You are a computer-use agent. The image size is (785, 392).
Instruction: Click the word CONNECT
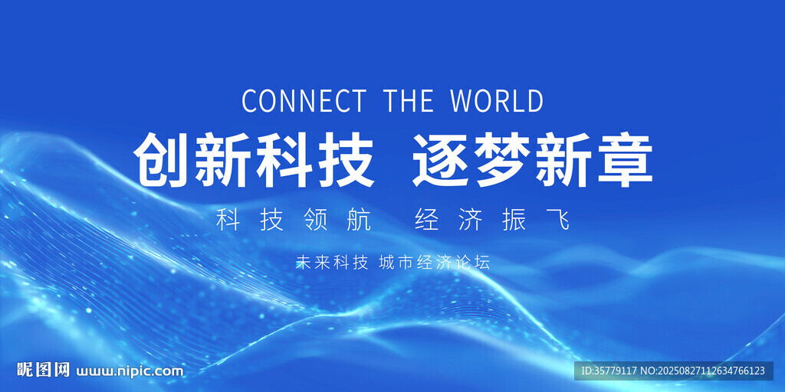(x=304, y=100)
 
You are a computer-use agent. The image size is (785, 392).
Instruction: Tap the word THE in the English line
(x=408, y=100)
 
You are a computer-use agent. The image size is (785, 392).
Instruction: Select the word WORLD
(x=497, y=100)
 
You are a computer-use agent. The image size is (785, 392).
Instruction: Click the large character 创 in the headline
(x=162, y=160)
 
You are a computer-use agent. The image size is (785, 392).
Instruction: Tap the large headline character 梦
(x=503, y=160)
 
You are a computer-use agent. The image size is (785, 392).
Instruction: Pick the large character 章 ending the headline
(x=624, y=160)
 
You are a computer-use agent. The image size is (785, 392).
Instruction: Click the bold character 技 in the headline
(x=346, y=160)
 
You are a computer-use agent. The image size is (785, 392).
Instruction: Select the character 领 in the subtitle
(x=316, y=220)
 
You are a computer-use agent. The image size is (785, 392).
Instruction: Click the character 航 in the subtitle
(x=360, y=220)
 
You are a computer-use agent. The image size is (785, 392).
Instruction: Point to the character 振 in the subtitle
(x=514, y=220)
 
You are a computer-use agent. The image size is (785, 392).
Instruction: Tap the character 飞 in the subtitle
(x=558, y=220)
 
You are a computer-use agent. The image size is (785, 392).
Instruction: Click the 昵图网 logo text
(x=44, y=370)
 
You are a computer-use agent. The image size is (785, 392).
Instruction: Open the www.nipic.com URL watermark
(x=129, y=371)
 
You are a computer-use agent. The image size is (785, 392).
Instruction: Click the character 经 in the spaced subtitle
(x=427, y=220)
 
